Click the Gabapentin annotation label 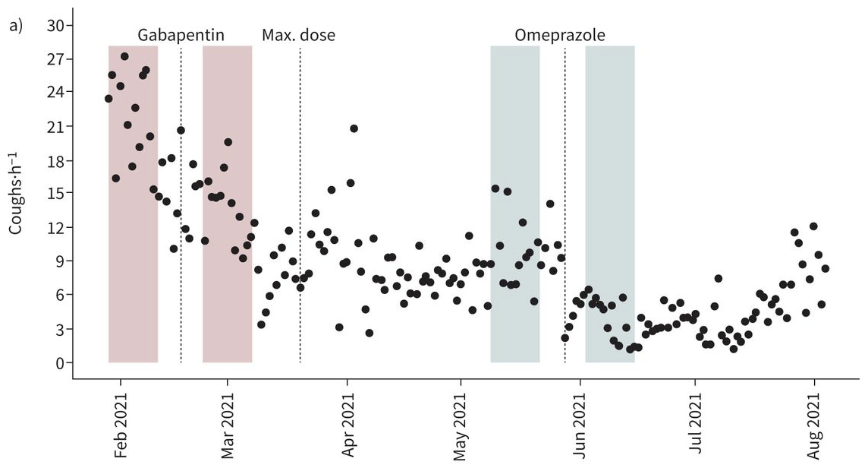181,35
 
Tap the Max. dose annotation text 298,35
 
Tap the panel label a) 16,26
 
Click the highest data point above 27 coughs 124,56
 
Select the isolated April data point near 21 354,128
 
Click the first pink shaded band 133,228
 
